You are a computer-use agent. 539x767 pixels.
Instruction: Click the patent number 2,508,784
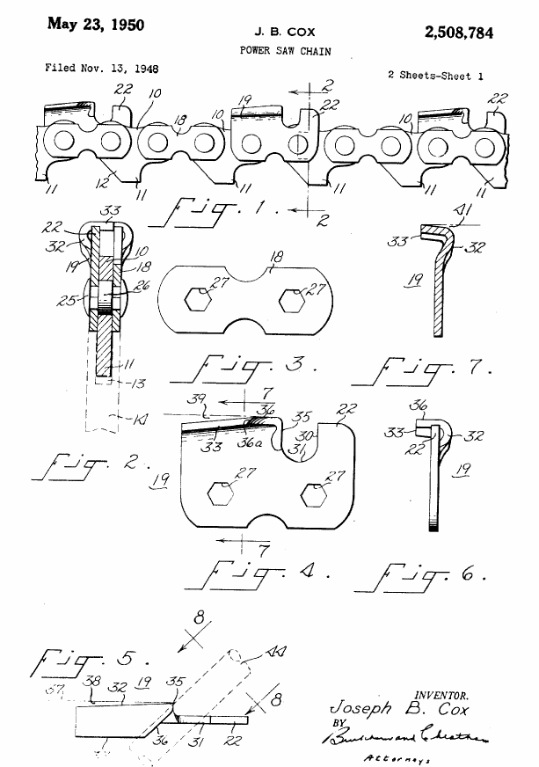[460, 33]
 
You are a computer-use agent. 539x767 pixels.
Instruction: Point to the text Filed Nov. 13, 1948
[102, 68]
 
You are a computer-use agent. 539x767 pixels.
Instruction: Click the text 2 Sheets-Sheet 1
[436, 76]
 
